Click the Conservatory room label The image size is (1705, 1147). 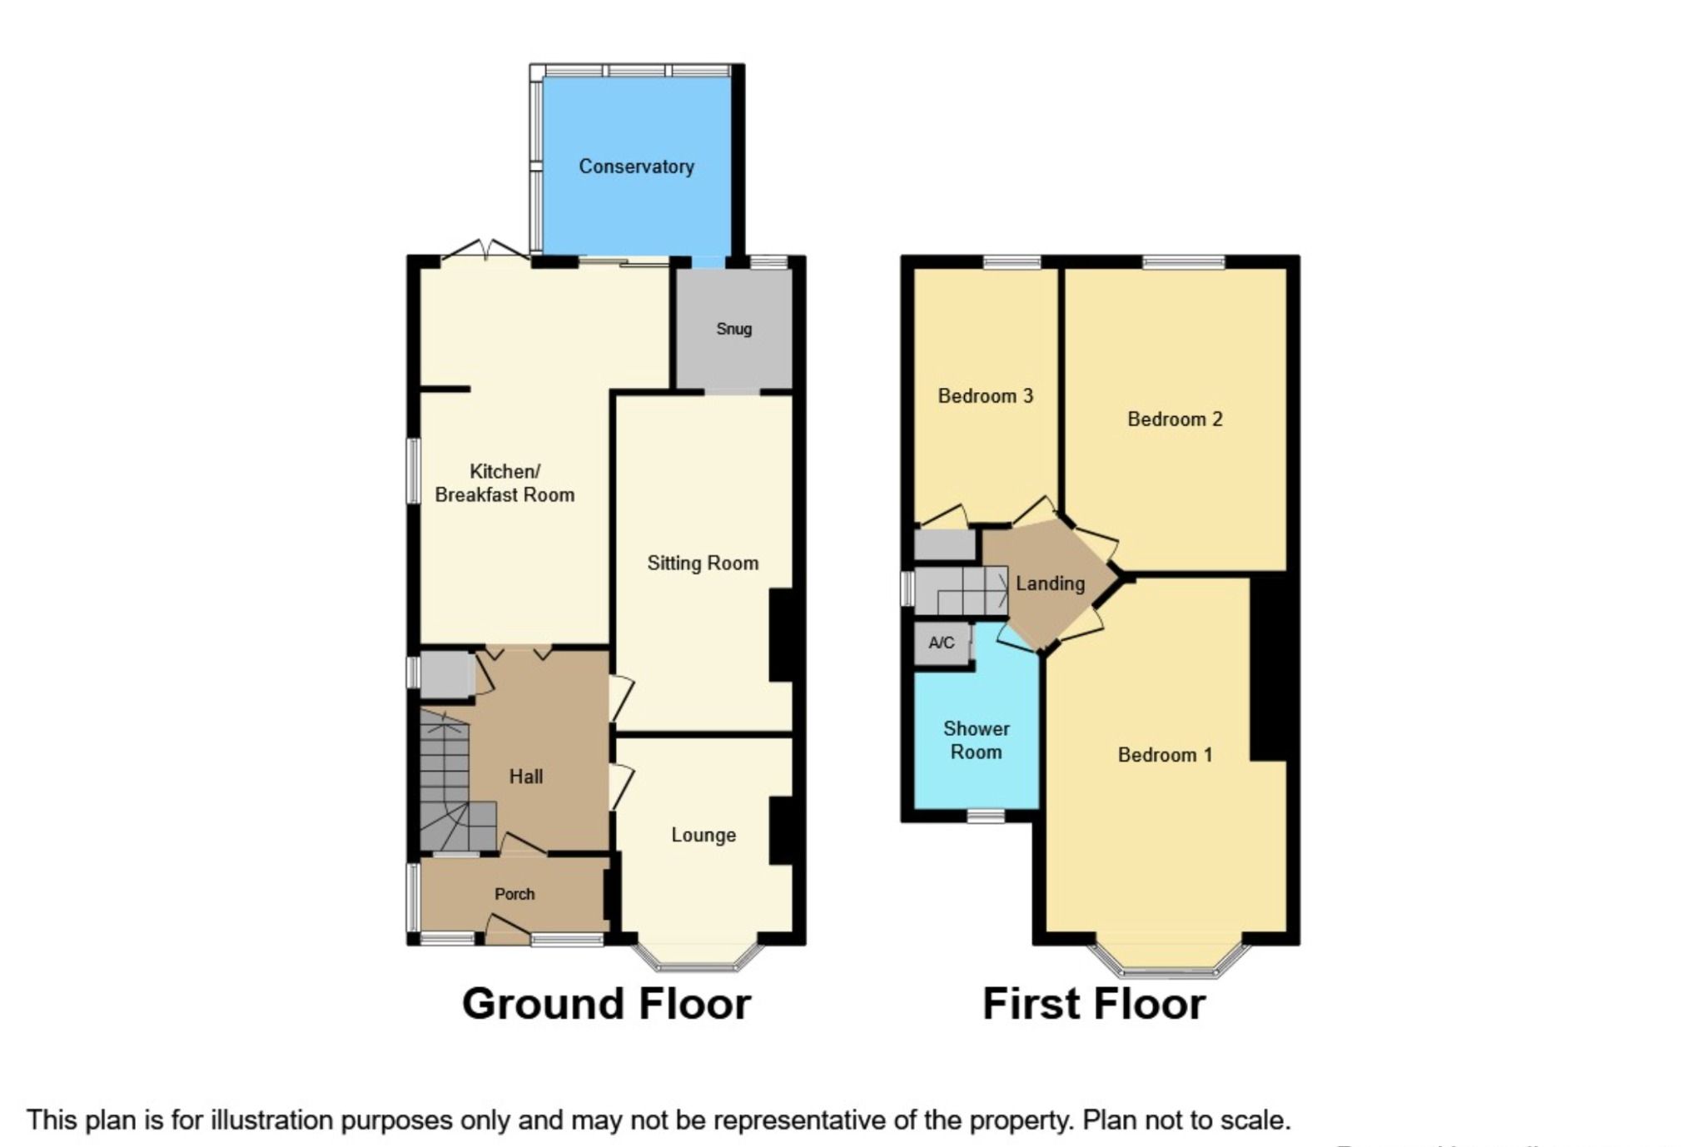click(x=636, y=166)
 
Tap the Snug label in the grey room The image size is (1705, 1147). click(x=733, y=329)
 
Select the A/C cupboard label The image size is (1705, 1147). click(x=942, y=643)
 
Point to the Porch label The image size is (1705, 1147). click(x=514, y=894)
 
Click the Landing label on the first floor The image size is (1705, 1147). click(x=1050, y=583)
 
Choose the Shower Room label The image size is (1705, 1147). click(x=976, y=740)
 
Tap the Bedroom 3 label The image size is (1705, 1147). click(x=985, y=396)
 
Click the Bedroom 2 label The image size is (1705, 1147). click(x=1175, y=420)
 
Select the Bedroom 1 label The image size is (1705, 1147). click(x=1165, y=755)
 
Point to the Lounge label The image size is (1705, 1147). click(x=703, y=835)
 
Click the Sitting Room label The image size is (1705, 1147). click(x=703, y=564)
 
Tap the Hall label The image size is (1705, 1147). click(x=525, y=777)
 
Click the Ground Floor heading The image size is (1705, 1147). click(x=606, y=1003)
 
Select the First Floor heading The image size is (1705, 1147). click(x=1094, y=1003)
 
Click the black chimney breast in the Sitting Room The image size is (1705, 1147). click(x=781, y=635)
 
